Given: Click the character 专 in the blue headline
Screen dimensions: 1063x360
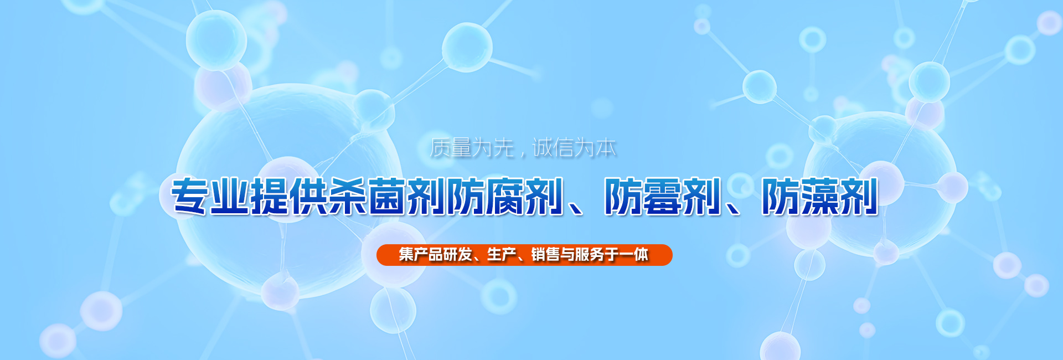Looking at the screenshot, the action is [x=190, y=196].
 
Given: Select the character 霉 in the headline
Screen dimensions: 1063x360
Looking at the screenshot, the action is [x=662, y=196].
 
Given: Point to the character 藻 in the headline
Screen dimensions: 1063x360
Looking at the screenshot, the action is [x=820, y=196].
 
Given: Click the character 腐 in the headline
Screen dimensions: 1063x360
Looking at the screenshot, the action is [x=505, y=196].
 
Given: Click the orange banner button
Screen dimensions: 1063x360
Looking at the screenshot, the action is [x=524, y=255].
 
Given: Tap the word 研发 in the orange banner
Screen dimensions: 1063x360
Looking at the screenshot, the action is [x=457, y=255].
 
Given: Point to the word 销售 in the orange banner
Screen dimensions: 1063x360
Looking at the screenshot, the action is [x=545, y=255].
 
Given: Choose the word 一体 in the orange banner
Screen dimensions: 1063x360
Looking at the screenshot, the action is [x=633, y=255].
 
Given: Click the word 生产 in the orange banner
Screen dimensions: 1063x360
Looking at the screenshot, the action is [x=502, y=255].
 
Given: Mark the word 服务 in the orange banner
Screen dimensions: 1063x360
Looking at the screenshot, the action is [x=590, y=255].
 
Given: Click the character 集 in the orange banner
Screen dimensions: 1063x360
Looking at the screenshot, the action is [x=406, y=255].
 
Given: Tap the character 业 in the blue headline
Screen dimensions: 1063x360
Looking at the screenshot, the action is [x=230, y=196].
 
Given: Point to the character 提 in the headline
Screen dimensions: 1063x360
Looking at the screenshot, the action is [x=270, y=196].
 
